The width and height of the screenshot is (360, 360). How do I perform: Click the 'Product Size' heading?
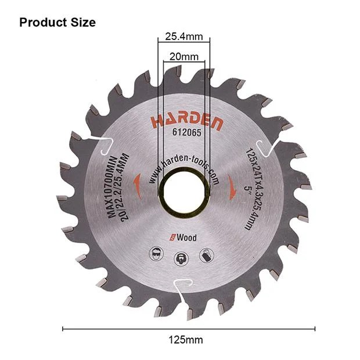click(x=57, y=23)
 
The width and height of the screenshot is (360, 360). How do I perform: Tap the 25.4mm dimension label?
click(x=183, y=37)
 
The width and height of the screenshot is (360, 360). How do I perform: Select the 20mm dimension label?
click(x=183, y=57)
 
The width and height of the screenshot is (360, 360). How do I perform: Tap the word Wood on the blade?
click(x=188, y=237)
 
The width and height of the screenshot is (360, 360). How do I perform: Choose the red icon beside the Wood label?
click(x=173, y=237)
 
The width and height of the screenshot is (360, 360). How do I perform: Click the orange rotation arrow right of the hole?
click(x=231, y=186)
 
